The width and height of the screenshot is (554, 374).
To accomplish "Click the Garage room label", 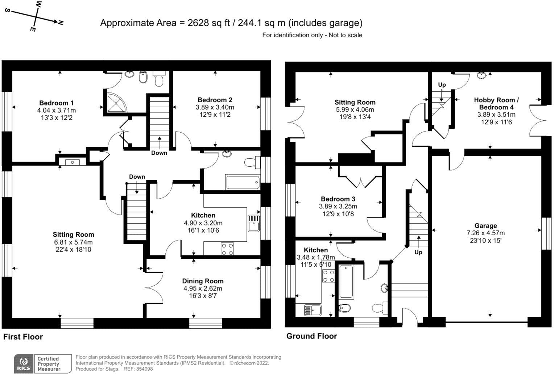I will (485, 225).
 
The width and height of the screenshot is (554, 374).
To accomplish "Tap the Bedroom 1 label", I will (56, 103).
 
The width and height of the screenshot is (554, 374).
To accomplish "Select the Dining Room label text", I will (203, 281).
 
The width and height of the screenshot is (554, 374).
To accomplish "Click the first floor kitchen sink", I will (253, 223).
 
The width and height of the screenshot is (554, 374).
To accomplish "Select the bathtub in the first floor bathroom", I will (243, 182).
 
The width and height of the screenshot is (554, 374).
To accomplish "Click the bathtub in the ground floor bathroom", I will (346, 281).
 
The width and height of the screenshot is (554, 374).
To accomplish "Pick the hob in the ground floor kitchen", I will (328, 276).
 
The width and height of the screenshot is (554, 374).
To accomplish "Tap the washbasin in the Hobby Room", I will (481, 75).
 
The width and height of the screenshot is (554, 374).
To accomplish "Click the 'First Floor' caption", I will (23, 337).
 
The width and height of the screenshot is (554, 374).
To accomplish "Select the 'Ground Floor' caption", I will (311, 336).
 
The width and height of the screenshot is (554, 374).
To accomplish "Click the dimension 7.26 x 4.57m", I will (485, 233).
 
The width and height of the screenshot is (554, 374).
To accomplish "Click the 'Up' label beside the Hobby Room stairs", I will (442, 85).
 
